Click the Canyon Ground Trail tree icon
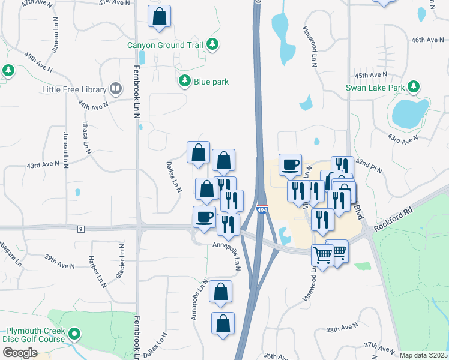tap(212, 44)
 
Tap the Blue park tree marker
tap(185, 81)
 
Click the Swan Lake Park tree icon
tap(414, 87)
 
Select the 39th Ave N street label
tap(59, 261)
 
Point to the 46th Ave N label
tap(426, 40)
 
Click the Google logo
tap(19, 353)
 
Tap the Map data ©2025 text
tap(423, 355)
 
